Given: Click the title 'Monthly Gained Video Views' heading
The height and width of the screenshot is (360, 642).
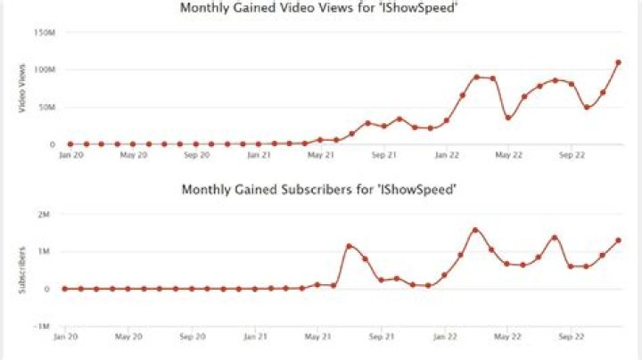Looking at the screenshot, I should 320,8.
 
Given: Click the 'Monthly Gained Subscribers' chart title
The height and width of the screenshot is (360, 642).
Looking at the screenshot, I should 320,190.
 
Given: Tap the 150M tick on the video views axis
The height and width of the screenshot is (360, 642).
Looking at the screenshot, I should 44,32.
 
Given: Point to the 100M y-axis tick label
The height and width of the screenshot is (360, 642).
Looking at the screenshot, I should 44,70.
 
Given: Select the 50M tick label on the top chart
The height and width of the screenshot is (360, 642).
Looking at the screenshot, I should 45,107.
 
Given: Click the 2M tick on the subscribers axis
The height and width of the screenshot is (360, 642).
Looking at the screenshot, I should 44,214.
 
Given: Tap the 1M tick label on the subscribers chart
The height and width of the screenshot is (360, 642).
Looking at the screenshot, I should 44,251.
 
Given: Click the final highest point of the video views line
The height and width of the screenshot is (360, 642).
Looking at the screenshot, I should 618,62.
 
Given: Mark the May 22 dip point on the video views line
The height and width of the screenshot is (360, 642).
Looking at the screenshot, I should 508,118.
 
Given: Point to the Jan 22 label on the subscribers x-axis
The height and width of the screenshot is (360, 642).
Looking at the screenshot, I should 445,337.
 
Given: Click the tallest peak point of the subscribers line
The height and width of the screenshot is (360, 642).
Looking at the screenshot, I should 475,230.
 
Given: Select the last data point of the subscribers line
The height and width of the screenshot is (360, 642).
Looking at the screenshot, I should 618,241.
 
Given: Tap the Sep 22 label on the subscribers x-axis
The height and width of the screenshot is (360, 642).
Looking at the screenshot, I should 571,337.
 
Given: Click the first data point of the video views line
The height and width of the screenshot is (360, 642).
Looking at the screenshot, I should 70,143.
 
